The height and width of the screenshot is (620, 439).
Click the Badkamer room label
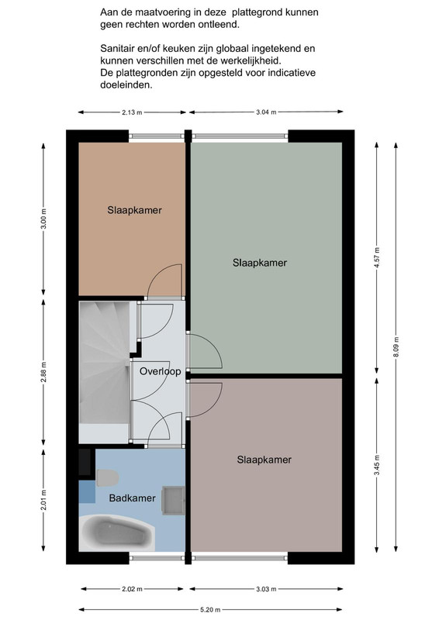(132, 498)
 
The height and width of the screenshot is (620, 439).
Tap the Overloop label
(161, 371)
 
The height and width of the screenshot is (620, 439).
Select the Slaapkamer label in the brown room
(135, 210)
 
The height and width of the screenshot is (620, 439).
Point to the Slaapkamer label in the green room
(260, 263)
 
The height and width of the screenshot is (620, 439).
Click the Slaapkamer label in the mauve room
(264, 460)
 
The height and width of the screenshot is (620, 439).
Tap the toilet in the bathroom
(107, 477)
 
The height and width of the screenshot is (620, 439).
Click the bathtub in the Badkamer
(117, 532)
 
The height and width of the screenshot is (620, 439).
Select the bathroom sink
(174, 501)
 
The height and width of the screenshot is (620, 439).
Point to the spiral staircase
(105, 372)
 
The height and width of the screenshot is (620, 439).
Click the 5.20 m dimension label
(211, 610)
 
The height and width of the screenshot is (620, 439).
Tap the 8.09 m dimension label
(396, 346)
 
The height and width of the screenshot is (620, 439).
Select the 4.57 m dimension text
(377, 257)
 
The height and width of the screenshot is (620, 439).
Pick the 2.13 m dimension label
(132, 112)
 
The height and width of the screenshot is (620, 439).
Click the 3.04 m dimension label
(266, 112)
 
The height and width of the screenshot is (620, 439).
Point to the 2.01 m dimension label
(43, 500)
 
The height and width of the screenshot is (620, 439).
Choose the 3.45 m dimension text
(377, 466)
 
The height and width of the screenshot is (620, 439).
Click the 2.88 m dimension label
(43, 372)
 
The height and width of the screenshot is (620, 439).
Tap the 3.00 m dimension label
(43, 219)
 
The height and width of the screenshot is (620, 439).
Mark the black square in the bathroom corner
(85, 462)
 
